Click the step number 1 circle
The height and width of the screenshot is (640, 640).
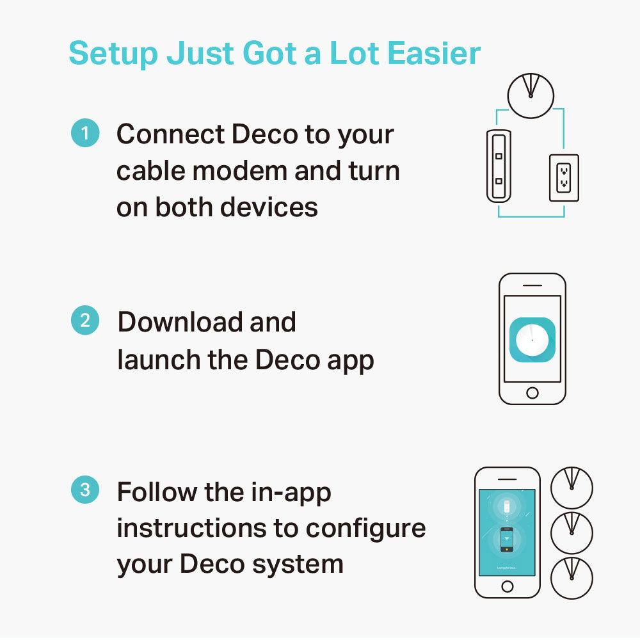tap(85, 134)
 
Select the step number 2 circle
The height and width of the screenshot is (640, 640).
tap(85, 320)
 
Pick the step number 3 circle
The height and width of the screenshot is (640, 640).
tap(85, 491)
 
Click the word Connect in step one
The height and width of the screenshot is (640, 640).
tap(169, 134)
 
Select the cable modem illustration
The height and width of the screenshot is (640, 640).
tap(499, 165)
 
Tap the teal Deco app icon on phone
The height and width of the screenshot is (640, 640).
tap(532, 339)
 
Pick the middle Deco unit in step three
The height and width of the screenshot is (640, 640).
tap(572, 533)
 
